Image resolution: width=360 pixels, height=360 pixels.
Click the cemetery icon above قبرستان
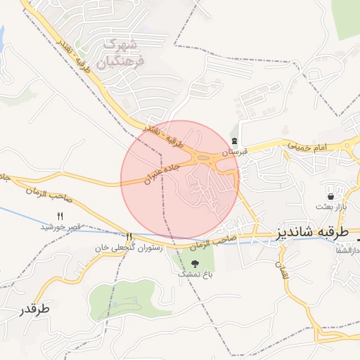(234, 141)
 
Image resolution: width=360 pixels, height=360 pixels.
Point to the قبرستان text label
(236, 151)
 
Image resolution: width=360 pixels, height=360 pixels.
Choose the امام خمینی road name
(307, 144)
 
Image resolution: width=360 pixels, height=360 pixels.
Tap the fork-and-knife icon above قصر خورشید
(60, 216)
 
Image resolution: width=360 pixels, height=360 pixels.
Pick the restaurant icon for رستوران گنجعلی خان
(128, 237)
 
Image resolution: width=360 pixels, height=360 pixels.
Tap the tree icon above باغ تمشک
(195, 263)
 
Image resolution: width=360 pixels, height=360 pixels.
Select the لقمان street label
(284, 273)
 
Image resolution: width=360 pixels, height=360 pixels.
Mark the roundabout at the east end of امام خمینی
(348, 146)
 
